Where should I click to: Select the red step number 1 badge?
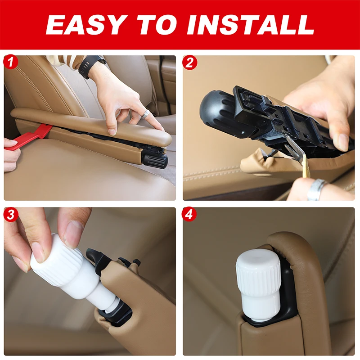[x=11, y=62]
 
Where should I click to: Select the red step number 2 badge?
[x=189, y=62]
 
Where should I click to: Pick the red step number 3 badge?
[x=11, y=214]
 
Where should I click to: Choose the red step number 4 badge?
[x=189, y=214]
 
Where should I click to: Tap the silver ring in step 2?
[x=317, y=189]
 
